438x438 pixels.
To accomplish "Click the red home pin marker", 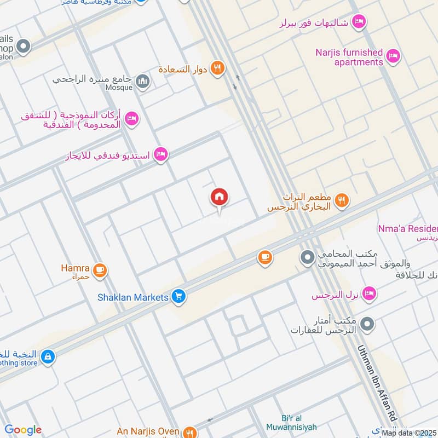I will (x=219, y=198).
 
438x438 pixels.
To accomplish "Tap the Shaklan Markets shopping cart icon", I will (x=178, y=297).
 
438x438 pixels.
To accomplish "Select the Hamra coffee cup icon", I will (x=100, y=270).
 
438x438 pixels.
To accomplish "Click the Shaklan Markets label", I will (x=132, y=297).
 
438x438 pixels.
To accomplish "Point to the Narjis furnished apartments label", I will (x=349, y=57).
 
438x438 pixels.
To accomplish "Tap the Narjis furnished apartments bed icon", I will (x=393, y=55).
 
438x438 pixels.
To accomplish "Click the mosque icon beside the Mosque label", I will (x=143, y=82).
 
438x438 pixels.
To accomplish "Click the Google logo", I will (x=22, y=430).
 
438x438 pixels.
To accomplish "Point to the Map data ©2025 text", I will (x=409, y=433).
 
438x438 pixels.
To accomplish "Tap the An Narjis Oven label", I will (x=147, y=431).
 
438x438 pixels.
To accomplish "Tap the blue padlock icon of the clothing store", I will (x=48, y=356).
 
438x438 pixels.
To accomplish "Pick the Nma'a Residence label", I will (x=408, y=228).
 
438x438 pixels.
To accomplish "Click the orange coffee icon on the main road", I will (x=265, y=257).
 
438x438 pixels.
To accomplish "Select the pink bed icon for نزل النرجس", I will (x=370, y=294).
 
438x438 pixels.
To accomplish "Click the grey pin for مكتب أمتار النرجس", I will (x=368, y=325).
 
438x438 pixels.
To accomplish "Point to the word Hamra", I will (x=76, y=268).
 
